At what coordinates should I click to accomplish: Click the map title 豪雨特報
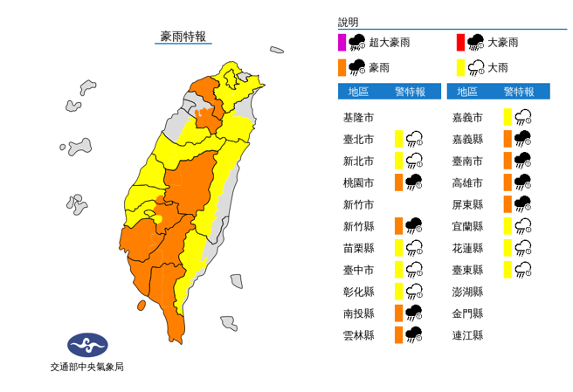point(183,37)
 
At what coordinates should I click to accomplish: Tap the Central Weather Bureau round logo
point(87,343)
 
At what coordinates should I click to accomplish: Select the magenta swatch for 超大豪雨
point(342,42)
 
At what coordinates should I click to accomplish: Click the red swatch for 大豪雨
point(459,42)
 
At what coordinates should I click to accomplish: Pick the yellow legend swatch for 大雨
point(459,67)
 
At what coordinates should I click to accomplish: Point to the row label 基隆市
point(359,117)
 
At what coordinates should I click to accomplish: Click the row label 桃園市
point(359,182)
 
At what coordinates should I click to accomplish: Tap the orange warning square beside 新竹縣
point(398,225)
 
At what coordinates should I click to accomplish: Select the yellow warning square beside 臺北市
point(398,139)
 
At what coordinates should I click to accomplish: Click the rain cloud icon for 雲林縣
point(414,334)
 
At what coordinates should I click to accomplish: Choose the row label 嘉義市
point(468,117)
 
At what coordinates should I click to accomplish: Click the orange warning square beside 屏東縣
point(507,203)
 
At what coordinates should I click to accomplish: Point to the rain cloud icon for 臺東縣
point(523,269)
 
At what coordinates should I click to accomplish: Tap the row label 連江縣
point(468,334)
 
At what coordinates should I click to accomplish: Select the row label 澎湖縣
point(468,291)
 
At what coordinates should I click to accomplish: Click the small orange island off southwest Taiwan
point(141,306)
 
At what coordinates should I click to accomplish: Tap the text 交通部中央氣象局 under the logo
point(87,368)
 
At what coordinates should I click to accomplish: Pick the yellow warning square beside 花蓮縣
point(507,247)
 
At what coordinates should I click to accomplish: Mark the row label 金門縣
point(468,313)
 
